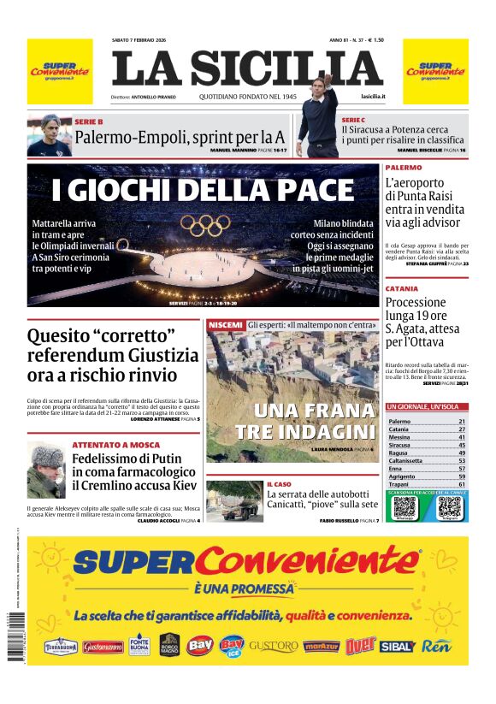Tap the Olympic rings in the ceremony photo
tap(206, 226)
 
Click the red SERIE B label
tap(89, 122)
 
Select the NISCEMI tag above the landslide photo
tap(225, 325)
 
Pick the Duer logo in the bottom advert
tap(360, 645)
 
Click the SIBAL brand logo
tap(397, 646)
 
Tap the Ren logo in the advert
tap(435, 646)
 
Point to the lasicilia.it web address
tap(373, 98)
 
